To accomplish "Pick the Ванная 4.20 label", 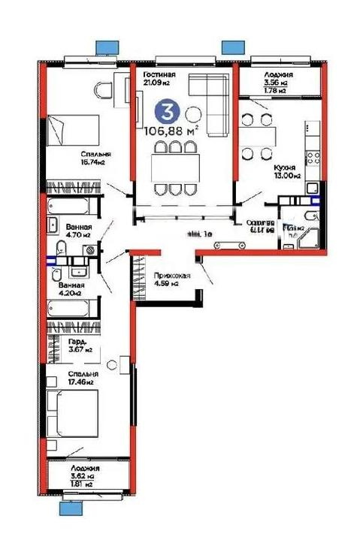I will (72, 289).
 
